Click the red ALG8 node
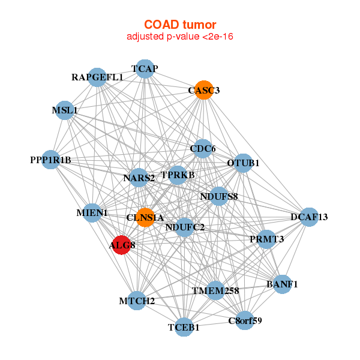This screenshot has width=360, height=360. tap(122, 245)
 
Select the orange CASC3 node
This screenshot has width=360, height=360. tap(204, 91)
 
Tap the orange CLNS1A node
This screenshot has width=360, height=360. tap(145, 217)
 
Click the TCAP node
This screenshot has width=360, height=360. tap(145, 68)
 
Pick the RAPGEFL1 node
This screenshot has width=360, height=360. tap(97, 77)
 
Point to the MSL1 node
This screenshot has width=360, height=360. tap(65, 110)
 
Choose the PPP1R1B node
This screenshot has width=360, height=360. tap(51, 160)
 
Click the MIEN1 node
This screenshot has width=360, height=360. tap(92, 212)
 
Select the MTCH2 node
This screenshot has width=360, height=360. tap(137, 301)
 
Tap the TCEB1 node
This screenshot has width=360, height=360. tap(184, 328)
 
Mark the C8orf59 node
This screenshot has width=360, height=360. tap(245, 320)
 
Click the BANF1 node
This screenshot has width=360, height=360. tap(282, 284)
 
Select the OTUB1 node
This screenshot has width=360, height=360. tap(242, 163)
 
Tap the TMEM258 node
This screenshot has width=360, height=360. tap(215, 291)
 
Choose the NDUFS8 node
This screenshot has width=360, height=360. tap(219, 196)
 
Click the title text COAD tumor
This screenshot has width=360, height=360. tap(179, 25)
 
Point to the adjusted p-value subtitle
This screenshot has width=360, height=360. tap(179, 37)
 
